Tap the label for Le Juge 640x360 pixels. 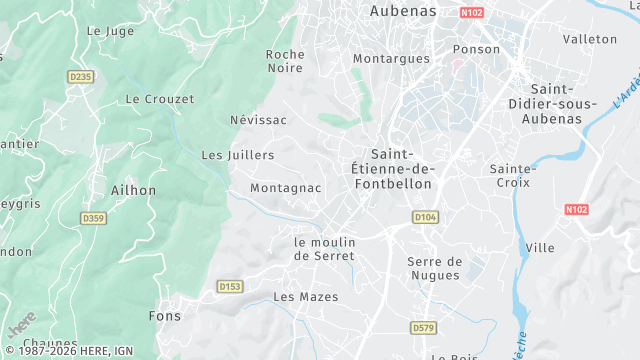click(110, 31)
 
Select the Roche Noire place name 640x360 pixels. click(285, 61)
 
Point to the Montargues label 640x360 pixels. click(391, 59)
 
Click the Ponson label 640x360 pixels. click(476, 49)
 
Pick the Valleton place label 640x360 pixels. click(590, 39)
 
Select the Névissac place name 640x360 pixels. click(258, 120)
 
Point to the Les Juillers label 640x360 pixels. click(238, 155)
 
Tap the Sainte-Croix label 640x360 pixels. click(514, 176)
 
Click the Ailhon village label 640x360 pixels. click(134, 190)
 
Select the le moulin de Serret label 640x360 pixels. click(324, 249)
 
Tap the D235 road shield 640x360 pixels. click(80, 76)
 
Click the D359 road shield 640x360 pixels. click(94, 218)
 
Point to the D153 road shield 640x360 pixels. click(230, 287)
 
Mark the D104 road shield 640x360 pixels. click(425, 217)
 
